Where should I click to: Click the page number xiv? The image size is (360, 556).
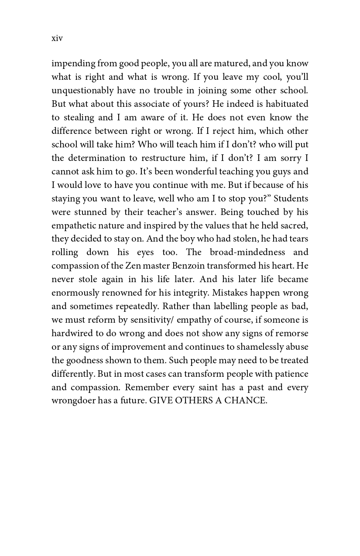[x=57, y=38]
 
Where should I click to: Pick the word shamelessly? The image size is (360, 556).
[x=255, y=347]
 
